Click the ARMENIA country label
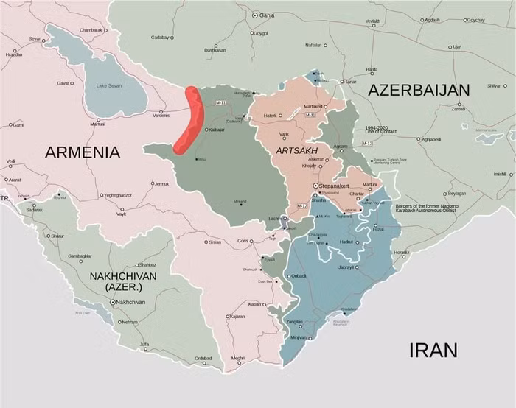pos(82,152)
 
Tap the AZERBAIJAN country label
pos(419,90)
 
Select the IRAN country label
pos(433,349)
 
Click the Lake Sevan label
pos(111,86)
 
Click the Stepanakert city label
pos(339,186)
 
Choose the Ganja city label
pos(268,15)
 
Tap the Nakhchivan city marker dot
pos(112,302)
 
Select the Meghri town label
pos(237,358)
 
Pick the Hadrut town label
pos(346,242)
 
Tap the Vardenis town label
pos(161,114)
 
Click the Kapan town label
pos(254,304)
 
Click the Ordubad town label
pos(203,359)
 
